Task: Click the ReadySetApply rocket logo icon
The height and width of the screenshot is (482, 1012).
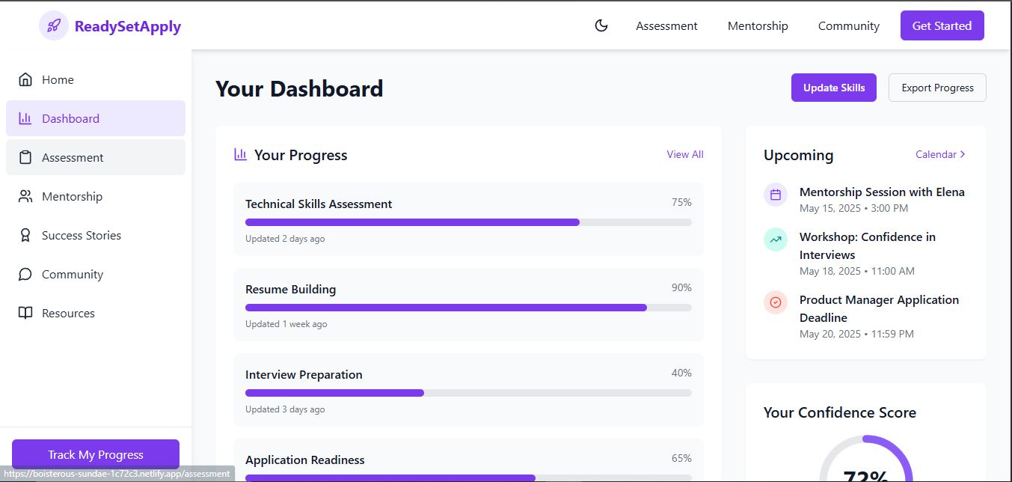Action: click(x=54, y=26)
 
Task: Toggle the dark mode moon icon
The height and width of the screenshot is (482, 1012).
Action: click(x=601, y=26)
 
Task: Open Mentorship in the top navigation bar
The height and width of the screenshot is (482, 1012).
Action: click(x=758, y=26)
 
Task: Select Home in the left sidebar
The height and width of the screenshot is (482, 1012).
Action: click(x=58, y=80)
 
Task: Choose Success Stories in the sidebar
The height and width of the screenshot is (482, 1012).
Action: click(x=81, y=236)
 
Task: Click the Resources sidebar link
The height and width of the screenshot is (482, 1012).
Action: click(x=68, y=314)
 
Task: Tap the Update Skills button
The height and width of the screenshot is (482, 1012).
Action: click(x=833, y=88)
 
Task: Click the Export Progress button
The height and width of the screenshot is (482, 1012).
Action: click(x=937, y=88)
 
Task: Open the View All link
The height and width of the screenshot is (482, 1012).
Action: click(x=684, y=155)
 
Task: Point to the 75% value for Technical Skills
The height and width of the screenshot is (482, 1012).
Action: click(x=681, y=203)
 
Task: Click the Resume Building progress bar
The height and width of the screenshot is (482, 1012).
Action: click(x=468, y=308)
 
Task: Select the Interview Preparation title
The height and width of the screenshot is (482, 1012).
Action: click(x=304, y=375)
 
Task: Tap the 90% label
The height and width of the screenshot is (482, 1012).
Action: click(x=681, y=288)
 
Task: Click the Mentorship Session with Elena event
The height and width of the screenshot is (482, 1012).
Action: click(x=881, y=192)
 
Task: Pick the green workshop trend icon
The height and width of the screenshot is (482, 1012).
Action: click(x=776, y=240)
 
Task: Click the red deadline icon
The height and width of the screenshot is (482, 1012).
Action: click(x=776, y=302)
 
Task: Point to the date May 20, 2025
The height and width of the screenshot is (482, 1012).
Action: click(x=830, y=335)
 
